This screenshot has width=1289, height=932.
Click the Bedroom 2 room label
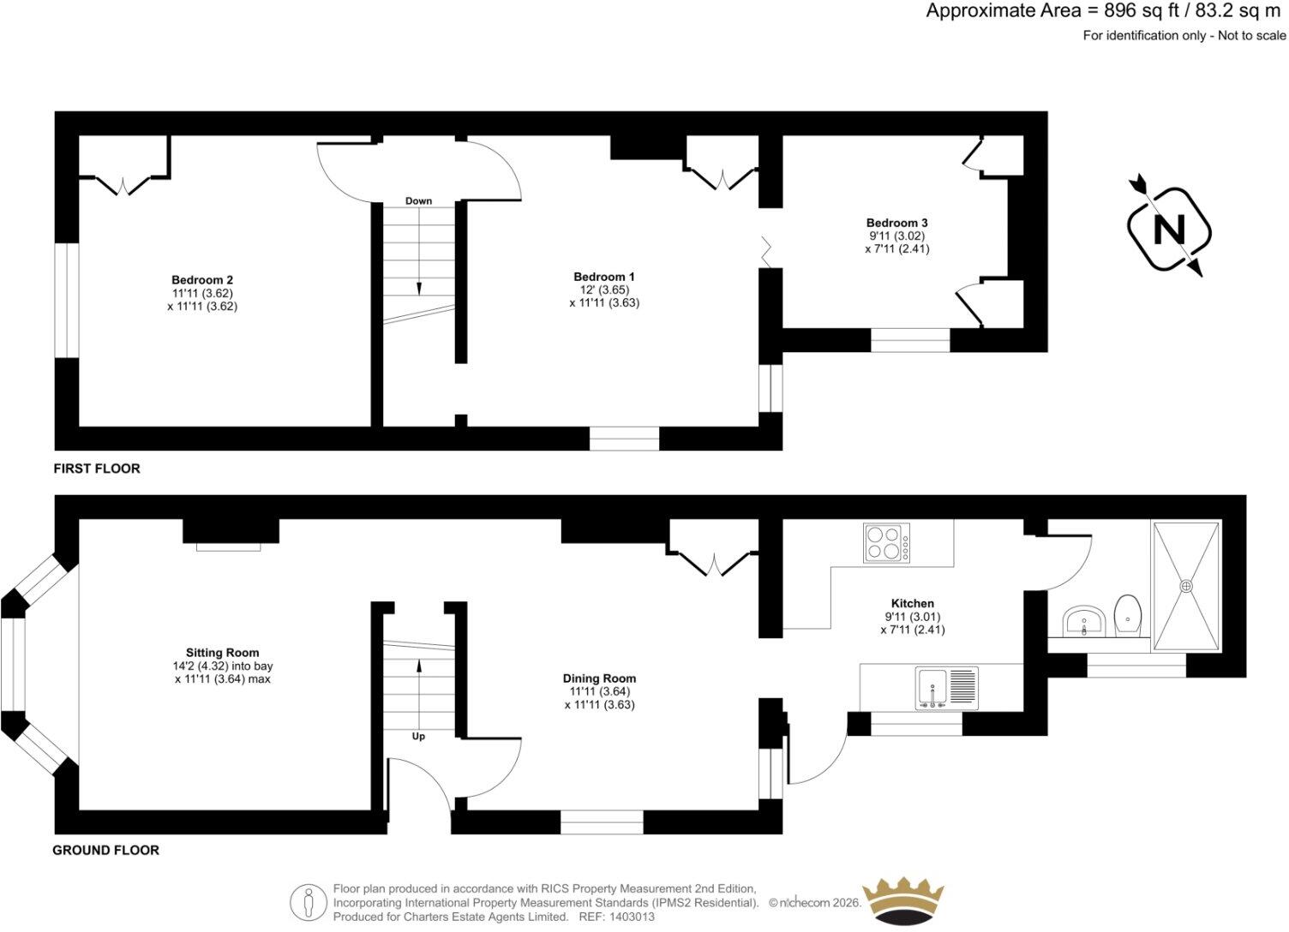(202, 280)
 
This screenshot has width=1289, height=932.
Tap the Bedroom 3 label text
(897, 223)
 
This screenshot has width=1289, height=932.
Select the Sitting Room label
(222, 653)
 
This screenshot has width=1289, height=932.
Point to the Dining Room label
(599, 678)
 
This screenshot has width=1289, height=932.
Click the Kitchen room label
(913, 603)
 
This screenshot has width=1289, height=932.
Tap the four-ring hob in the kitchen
(887, 542)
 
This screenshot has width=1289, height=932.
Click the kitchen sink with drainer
(946, 688)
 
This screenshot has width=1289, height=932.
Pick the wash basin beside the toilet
(1084, 621)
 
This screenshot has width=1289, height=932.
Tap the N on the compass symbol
(1169, 229)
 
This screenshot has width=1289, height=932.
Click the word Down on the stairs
(418, 200)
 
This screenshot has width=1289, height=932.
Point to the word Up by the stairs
(418, 737)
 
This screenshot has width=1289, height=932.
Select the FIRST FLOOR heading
(97, 469)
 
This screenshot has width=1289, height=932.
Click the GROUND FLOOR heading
(106, 850)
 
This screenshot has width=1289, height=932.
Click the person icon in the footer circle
(309, 901)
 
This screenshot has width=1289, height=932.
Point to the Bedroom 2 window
(67, 301)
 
